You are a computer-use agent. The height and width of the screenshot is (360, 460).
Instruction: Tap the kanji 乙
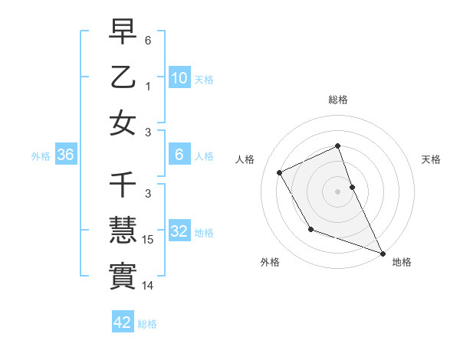[x=123, y=77]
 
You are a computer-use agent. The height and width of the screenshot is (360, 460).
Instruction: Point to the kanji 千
[x=123, y=185]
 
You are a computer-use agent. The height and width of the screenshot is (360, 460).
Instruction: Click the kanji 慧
[x=123, y=231]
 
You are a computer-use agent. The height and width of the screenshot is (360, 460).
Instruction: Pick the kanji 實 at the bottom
[x=123, y=277]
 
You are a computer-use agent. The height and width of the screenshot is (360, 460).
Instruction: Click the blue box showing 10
[x=179, y=77]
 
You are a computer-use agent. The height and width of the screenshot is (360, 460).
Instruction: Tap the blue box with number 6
[x=179, y=155]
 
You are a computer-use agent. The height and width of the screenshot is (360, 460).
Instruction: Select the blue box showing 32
[x=179, y=231]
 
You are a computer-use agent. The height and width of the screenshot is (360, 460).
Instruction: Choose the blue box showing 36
[x=66, y=155]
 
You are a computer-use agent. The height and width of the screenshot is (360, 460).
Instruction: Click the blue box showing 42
[x=123, y=323]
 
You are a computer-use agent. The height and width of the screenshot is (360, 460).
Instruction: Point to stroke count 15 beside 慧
[x=149, y=241]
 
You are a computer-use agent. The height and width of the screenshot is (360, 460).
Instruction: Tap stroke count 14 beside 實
[x=149, y=286]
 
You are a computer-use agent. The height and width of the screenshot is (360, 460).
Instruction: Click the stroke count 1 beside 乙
[x=148, y=87]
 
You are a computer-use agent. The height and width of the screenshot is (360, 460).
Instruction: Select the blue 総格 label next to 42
[x=147, y=324]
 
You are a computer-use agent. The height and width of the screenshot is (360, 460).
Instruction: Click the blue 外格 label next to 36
[x=41, y=156]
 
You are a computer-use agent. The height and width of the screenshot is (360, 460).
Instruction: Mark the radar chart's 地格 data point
[x=383, y=254]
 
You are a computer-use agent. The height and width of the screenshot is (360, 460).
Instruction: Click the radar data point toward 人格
[x=280, y=172]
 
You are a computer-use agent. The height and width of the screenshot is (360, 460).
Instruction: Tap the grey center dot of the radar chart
[x=337, y=191]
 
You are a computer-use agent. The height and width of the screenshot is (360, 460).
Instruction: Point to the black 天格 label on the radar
[x=431, y=159]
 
